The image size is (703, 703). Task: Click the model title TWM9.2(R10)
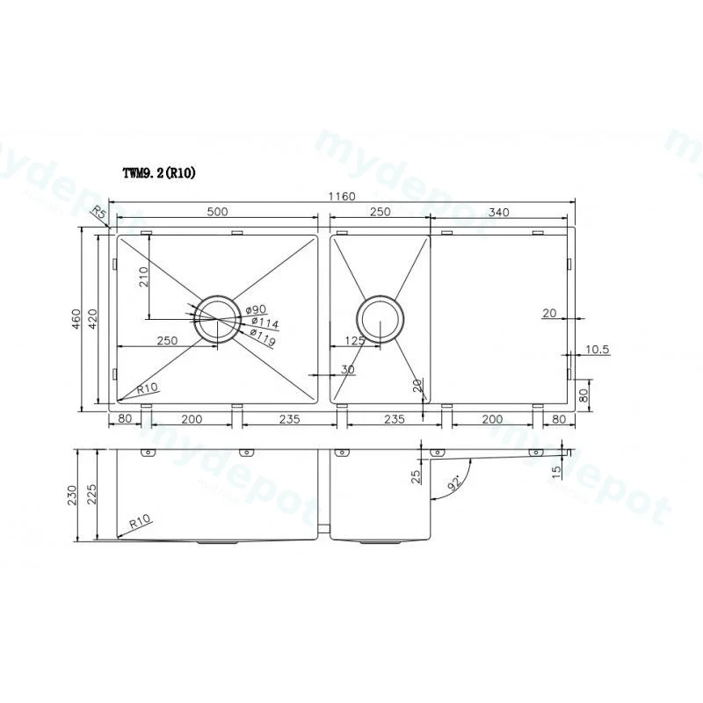[x=159, y=173]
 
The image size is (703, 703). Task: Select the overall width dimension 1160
[x=342, y=196]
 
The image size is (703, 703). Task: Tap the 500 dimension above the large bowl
[x=217, y=212]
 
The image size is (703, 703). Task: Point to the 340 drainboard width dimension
[x=498, y=212]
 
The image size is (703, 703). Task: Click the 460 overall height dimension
[x=76, y=319]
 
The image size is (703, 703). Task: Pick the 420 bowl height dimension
[x=92, y=319]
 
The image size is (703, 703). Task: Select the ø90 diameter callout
[x=256, y=309]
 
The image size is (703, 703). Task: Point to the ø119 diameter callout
[x=263, y=337]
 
